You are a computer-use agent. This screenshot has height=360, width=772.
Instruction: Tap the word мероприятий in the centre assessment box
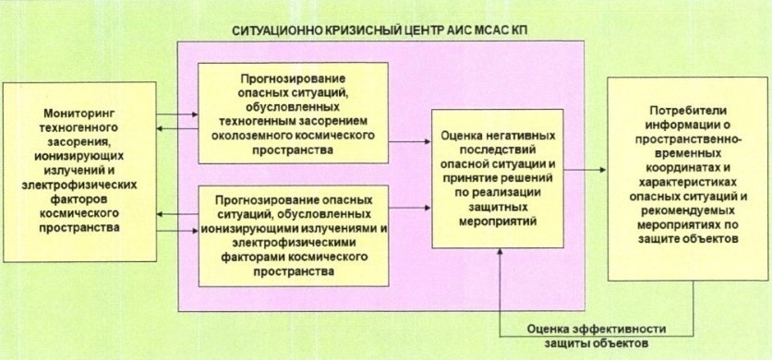498,222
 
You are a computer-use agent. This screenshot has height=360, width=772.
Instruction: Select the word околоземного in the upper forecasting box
263,136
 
